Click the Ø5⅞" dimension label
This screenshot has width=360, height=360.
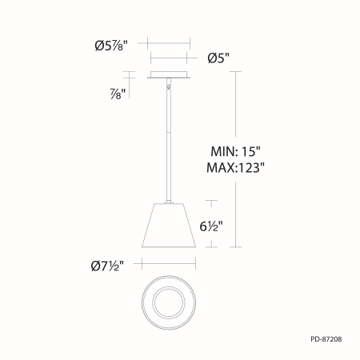click(x=111, y=46)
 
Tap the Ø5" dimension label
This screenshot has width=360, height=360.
click(x=218, y=58)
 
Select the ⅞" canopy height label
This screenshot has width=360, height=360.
click(x=118, y=94)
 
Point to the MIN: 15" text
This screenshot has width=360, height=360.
click(x=235, y=151)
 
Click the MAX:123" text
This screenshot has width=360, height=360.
click(x=235, y=168)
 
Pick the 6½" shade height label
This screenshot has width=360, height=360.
click(x=211, y=226)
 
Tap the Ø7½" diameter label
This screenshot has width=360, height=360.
click(x=107, y=266)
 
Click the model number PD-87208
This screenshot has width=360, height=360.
click(x=326, y=339)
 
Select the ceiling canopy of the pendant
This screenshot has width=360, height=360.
click(x=169, y=75)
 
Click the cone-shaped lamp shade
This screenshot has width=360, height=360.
click(x=169, y=226)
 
